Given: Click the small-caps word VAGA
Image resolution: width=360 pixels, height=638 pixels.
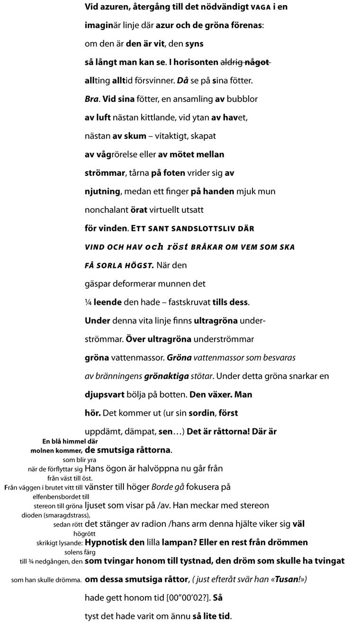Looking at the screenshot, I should (261, 7).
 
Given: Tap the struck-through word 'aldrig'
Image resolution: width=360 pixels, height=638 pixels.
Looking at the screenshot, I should (232, 62).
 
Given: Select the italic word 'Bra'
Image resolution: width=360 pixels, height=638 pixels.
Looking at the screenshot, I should (91, 99).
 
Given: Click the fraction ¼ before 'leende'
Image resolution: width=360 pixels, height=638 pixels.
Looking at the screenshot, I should (88, 302).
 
